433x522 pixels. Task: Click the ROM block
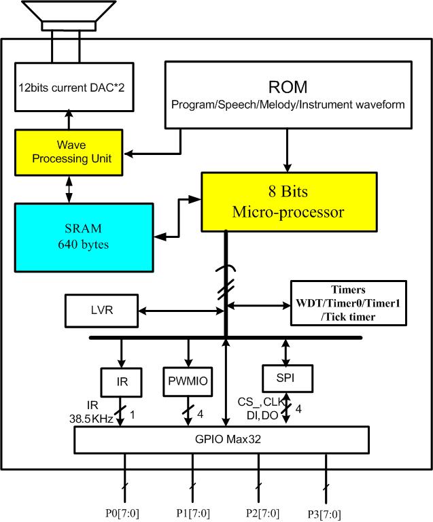coord(288,94)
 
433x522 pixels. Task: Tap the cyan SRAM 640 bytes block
coord(84,234)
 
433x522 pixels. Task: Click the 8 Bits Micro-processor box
coord(288,201)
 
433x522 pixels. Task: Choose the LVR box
coord(101,309)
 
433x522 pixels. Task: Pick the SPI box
coord(285,376)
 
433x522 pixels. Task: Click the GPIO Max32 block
coord(222,439)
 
